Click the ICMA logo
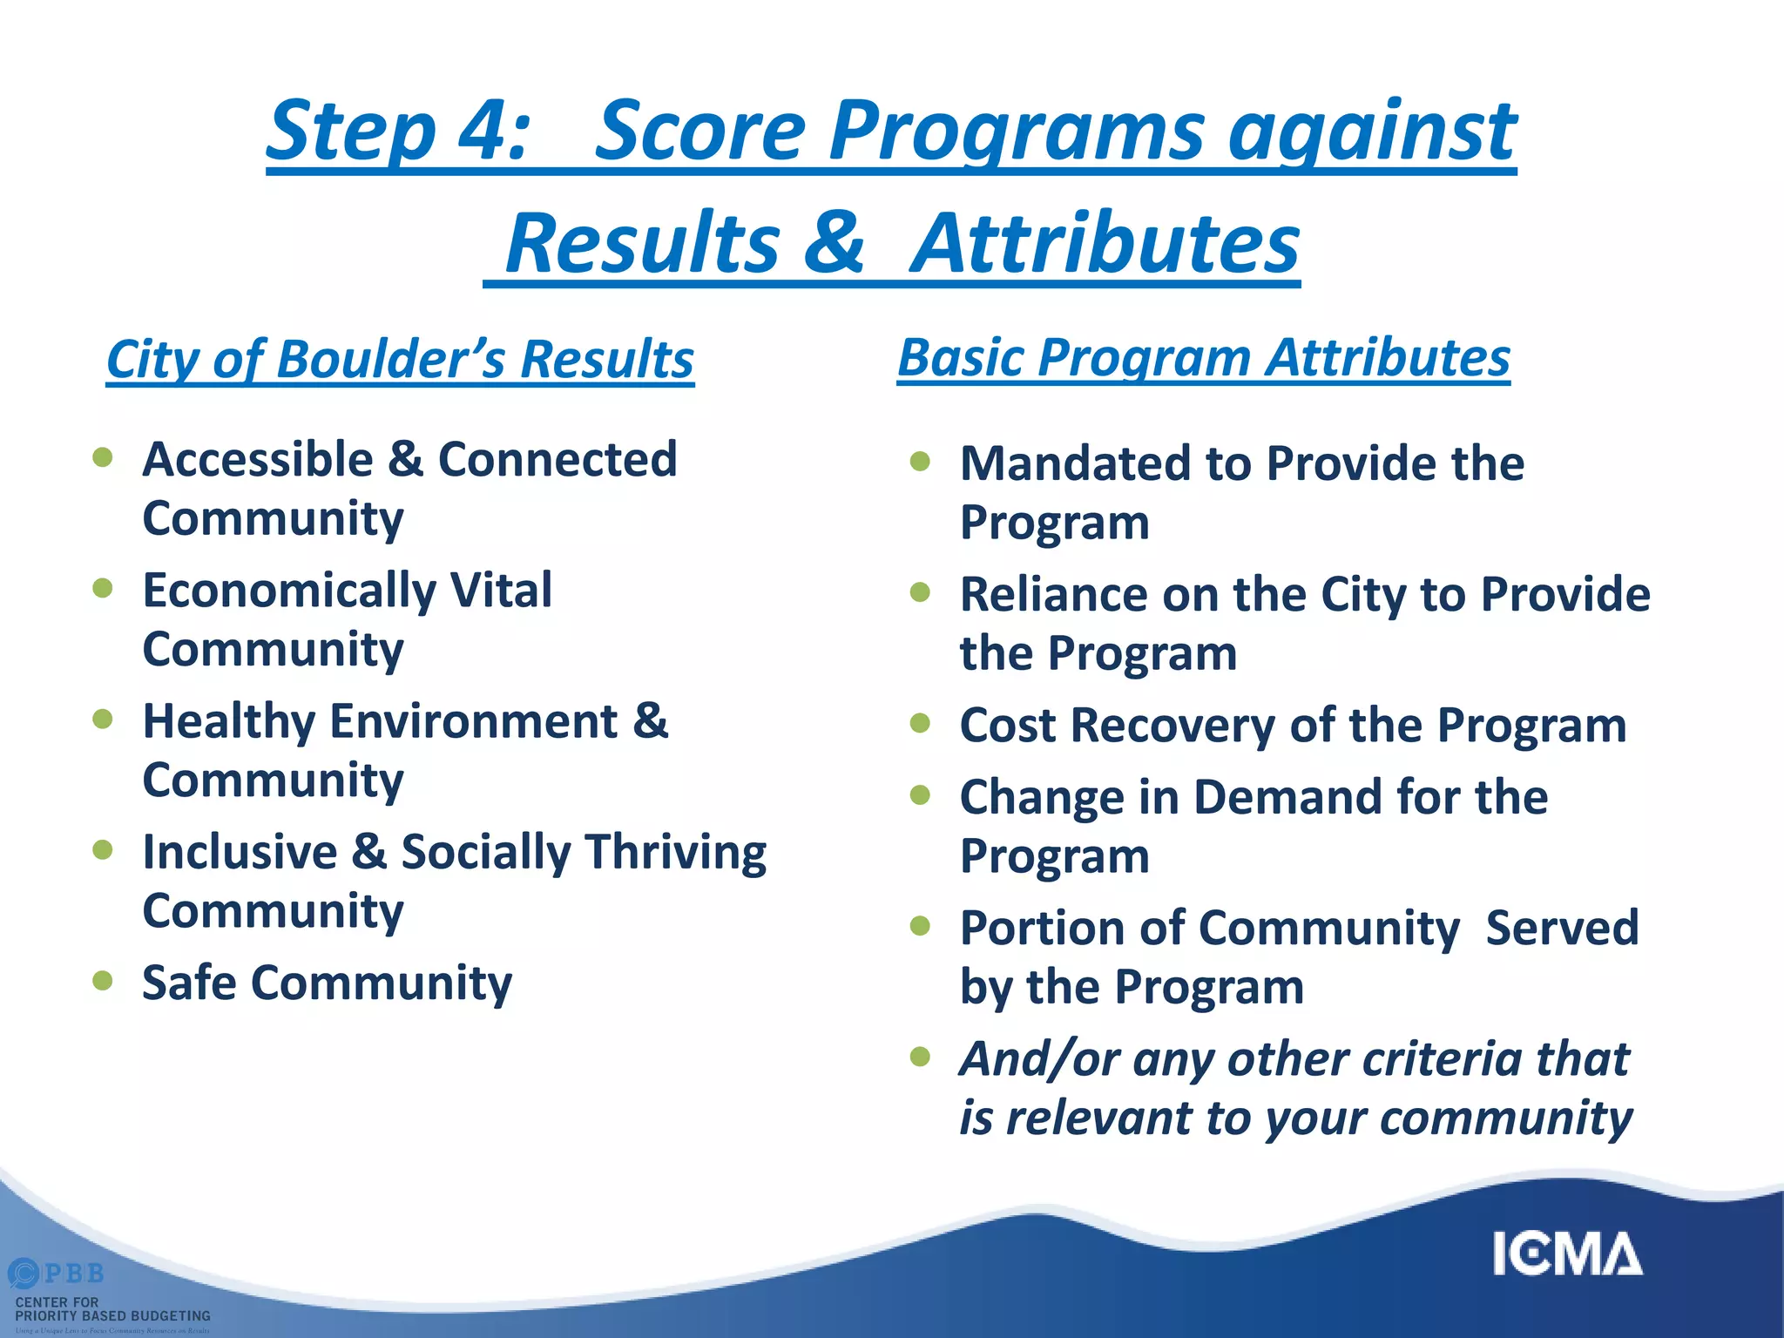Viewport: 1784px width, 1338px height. coord(1567,1254)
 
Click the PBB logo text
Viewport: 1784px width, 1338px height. coord(73,1274)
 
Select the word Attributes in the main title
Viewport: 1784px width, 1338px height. coord(1105,244)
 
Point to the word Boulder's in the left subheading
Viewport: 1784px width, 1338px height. coord(389,359)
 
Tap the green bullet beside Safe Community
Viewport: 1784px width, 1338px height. coord(103,981)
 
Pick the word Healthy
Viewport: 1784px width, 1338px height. coord(229,722)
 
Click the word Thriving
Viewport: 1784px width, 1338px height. coord(675,852)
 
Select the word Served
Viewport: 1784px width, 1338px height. coord(1562,928)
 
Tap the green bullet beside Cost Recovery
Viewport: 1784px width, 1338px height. coord(920,723)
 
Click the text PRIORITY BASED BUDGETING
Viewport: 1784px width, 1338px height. coord(113,1316)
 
